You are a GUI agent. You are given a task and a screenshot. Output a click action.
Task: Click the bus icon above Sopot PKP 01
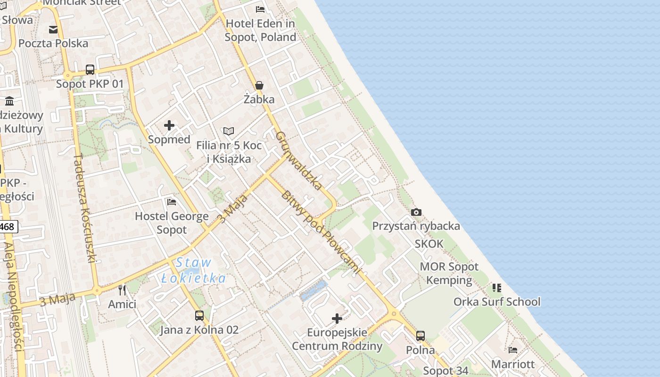coord(90,70)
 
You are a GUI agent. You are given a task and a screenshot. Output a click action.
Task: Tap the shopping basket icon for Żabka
coord(259,85)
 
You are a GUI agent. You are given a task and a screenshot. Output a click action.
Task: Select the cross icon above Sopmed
coord(169,125)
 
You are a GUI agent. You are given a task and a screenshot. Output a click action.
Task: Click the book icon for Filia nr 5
coord(229,131)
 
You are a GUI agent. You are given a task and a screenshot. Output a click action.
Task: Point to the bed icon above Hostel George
coord(172,202)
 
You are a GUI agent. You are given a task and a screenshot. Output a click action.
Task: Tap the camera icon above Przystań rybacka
coord(416,213)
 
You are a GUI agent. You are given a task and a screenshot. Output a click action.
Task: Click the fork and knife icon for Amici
coord(122,290)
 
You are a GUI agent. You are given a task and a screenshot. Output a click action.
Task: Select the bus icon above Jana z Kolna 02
coord(199,316)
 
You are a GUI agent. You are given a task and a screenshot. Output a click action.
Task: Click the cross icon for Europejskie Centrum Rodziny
coord(337,319)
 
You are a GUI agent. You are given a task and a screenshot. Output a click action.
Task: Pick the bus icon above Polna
coord(420,336)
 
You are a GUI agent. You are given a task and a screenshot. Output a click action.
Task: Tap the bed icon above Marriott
coord(513,350)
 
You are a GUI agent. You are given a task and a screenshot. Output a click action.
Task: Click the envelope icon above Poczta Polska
coord(53,29)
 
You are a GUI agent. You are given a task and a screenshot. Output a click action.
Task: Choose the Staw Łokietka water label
coord(193,270)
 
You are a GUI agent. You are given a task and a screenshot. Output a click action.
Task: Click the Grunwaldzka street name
coord(299,160)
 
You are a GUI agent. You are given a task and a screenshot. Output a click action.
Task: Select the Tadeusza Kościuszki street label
coord(85,207)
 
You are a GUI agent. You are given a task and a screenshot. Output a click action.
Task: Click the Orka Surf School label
coord(497,302)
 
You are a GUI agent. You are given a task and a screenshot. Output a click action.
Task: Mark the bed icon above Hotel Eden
coord(260,9)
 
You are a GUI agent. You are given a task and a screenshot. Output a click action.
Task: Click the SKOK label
coord(429,244)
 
